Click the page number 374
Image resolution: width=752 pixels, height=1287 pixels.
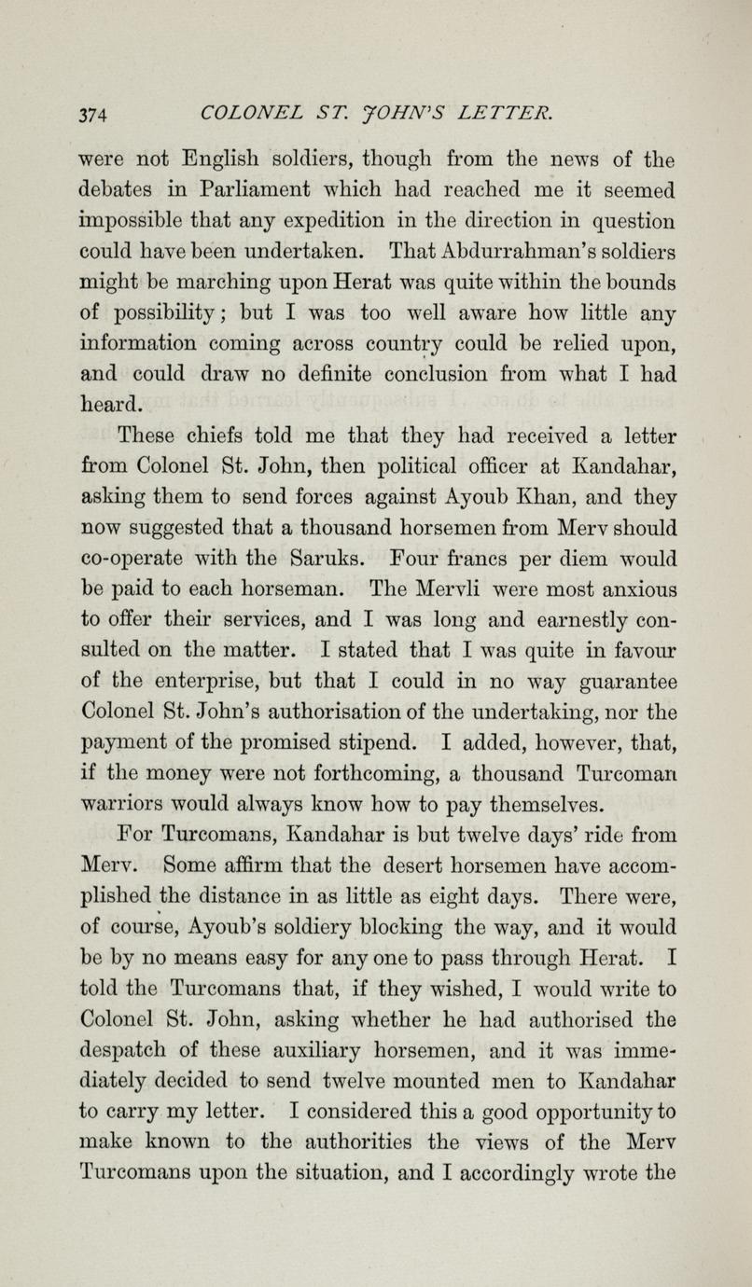click(x=95, y=114)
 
